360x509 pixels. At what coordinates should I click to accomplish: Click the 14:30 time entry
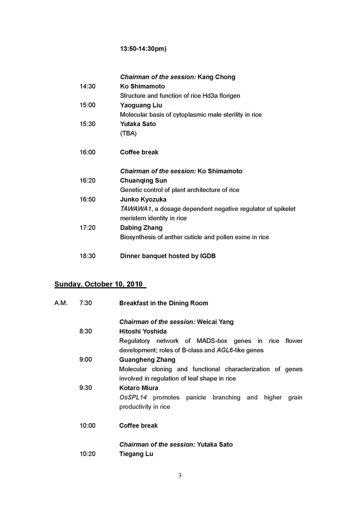point(87,86)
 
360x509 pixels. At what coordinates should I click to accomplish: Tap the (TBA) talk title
point(129,133)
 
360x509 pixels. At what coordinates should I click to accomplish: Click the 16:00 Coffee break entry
point(139,152)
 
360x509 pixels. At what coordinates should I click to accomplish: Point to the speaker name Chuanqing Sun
point(143,181)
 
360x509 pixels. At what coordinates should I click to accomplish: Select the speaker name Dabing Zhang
point(141,227)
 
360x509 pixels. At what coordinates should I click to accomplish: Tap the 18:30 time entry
point(87,256)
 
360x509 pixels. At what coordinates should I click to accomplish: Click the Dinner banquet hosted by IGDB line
point(168,256)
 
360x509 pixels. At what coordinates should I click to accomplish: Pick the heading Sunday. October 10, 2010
point(100,284)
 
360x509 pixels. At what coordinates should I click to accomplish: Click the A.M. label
point(61,303)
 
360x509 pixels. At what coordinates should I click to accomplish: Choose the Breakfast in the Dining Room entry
point(164,303)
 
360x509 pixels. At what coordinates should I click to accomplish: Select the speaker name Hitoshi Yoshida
point(143,331)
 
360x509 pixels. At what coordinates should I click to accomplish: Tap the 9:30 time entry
point(86,388)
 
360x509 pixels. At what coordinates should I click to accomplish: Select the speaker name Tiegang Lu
point(136,454)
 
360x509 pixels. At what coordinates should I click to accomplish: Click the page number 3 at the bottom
point(180,476)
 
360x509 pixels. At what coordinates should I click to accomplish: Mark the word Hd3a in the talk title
point(205,96)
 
